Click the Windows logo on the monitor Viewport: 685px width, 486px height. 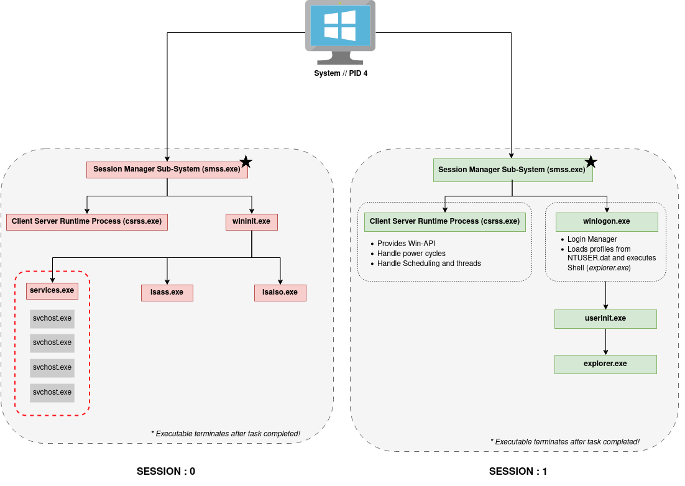[x=340, y=25]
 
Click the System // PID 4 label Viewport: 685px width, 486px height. [x=340, y=73]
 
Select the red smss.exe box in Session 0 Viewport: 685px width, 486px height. [x=167, y=170]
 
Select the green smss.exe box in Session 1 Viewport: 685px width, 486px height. [x=512, y=170]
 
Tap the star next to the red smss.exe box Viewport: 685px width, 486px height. [x=246, y=162]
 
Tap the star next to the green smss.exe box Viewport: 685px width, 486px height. [x=591, y=162]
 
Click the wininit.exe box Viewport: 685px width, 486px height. [x=251, y=222]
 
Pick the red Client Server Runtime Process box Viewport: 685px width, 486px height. [x=86, y=222]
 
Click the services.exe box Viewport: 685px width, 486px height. [x=52, y=290]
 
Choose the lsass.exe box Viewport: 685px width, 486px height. [x=167, y=293]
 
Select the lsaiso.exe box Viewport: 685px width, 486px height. [x=280, y=293]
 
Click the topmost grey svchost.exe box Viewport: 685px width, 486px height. [x=52, y=319]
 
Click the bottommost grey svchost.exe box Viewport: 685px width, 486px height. [x=52, y=393]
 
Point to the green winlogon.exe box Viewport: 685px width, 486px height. [x=607, y=222]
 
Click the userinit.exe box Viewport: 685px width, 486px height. [x=605, y=319]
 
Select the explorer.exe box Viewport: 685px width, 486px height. [x=605, y=364]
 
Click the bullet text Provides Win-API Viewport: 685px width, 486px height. [x=406, y=244]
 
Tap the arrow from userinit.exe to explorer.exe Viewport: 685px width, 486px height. [x=606, y=342]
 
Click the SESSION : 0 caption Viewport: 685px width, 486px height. [x=166, y=472]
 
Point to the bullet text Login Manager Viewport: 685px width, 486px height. [x=592, y=239]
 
